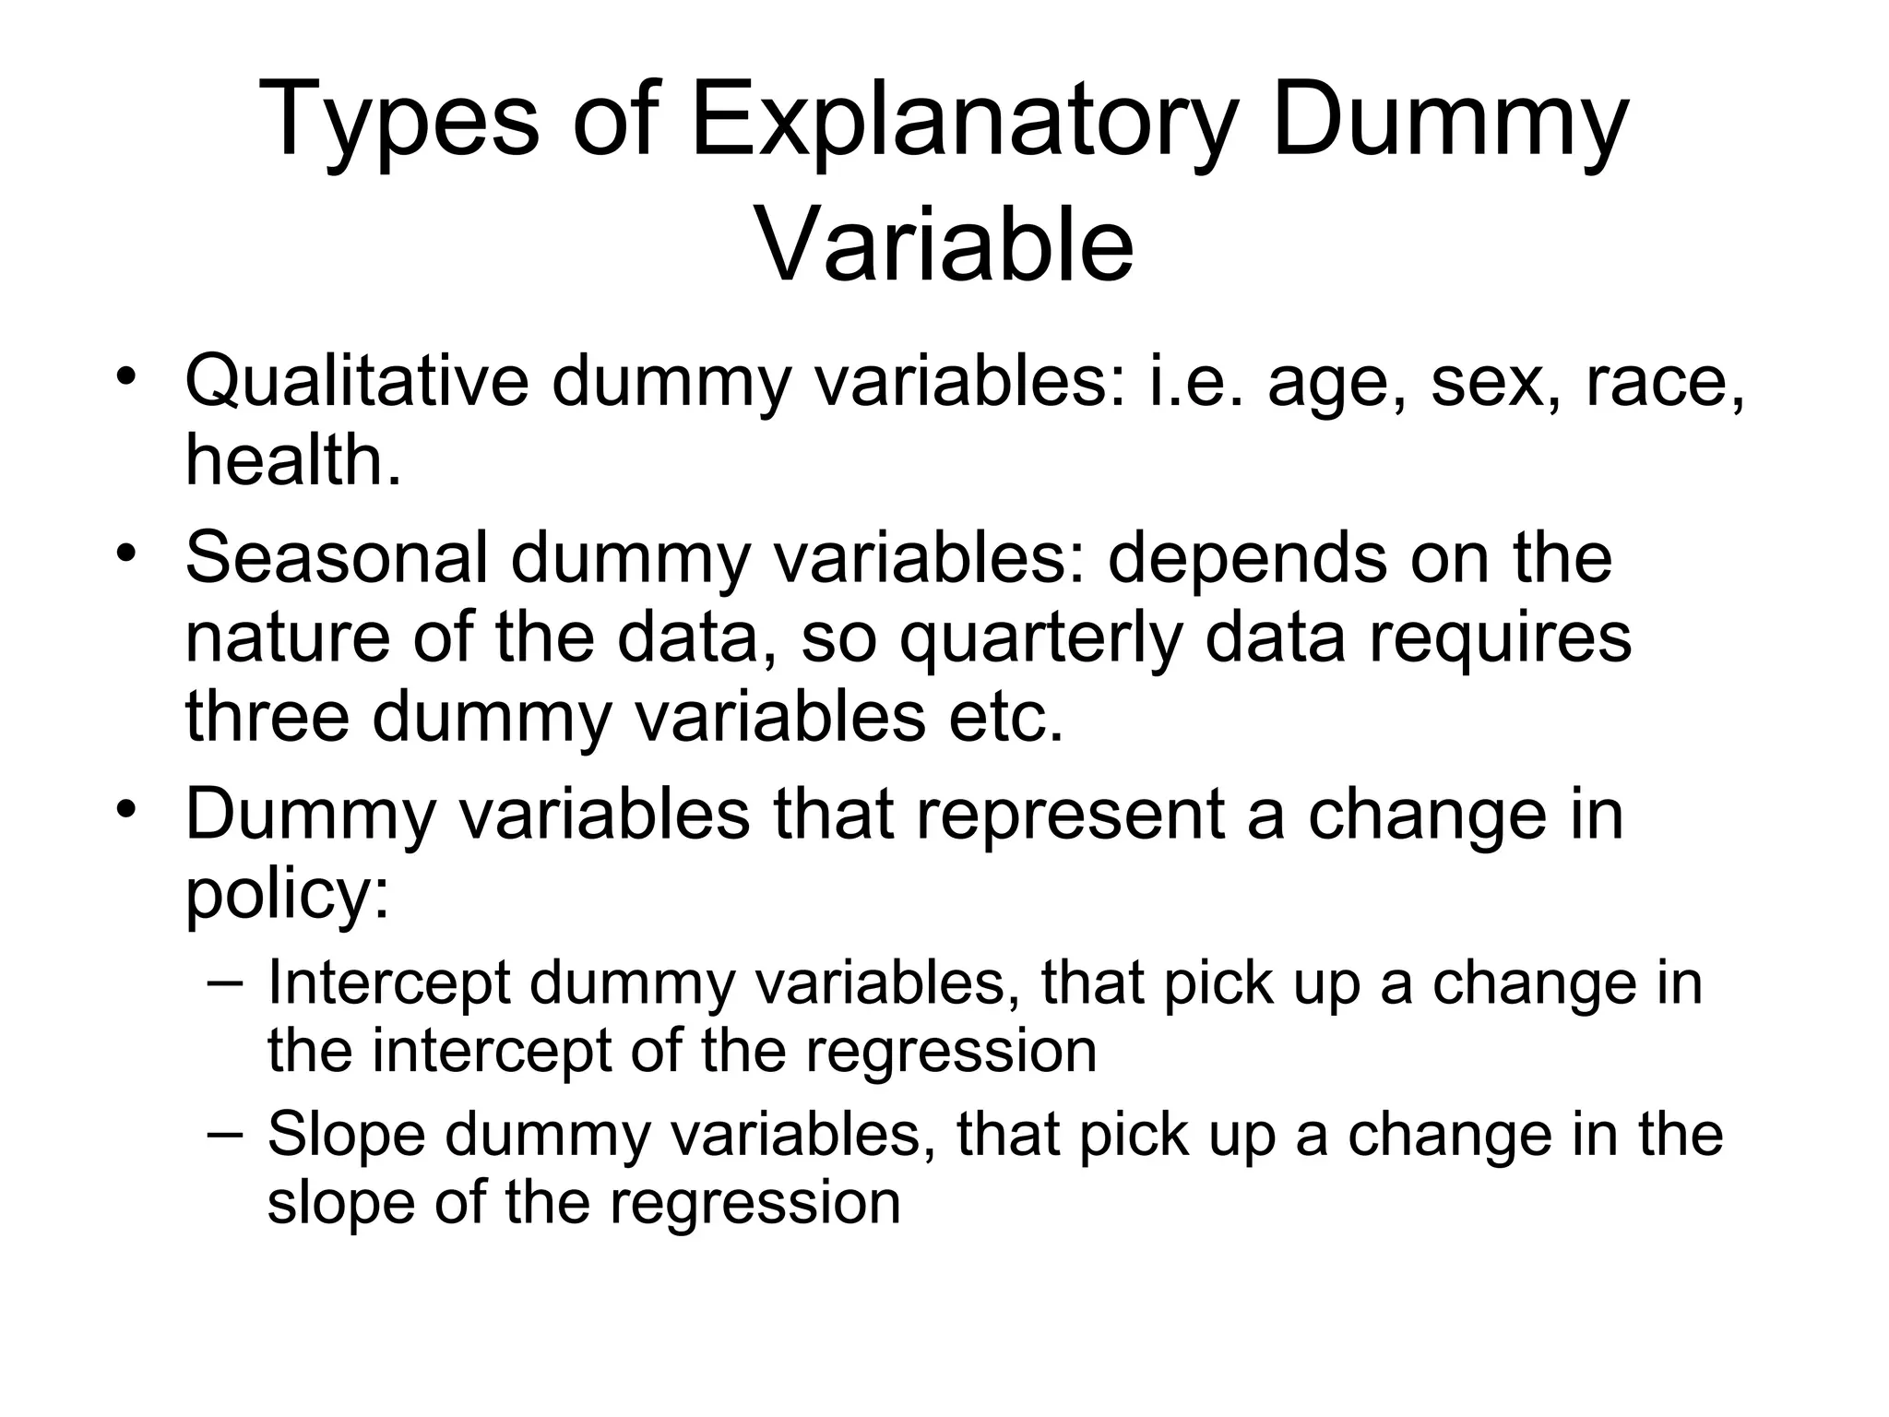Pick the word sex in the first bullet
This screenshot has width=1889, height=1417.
[x=1486, y=382]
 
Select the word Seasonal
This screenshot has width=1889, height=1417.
[x=337, y=557]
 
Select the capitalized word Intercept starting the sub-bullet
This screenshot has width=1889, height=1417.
[x=388, y=982]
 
